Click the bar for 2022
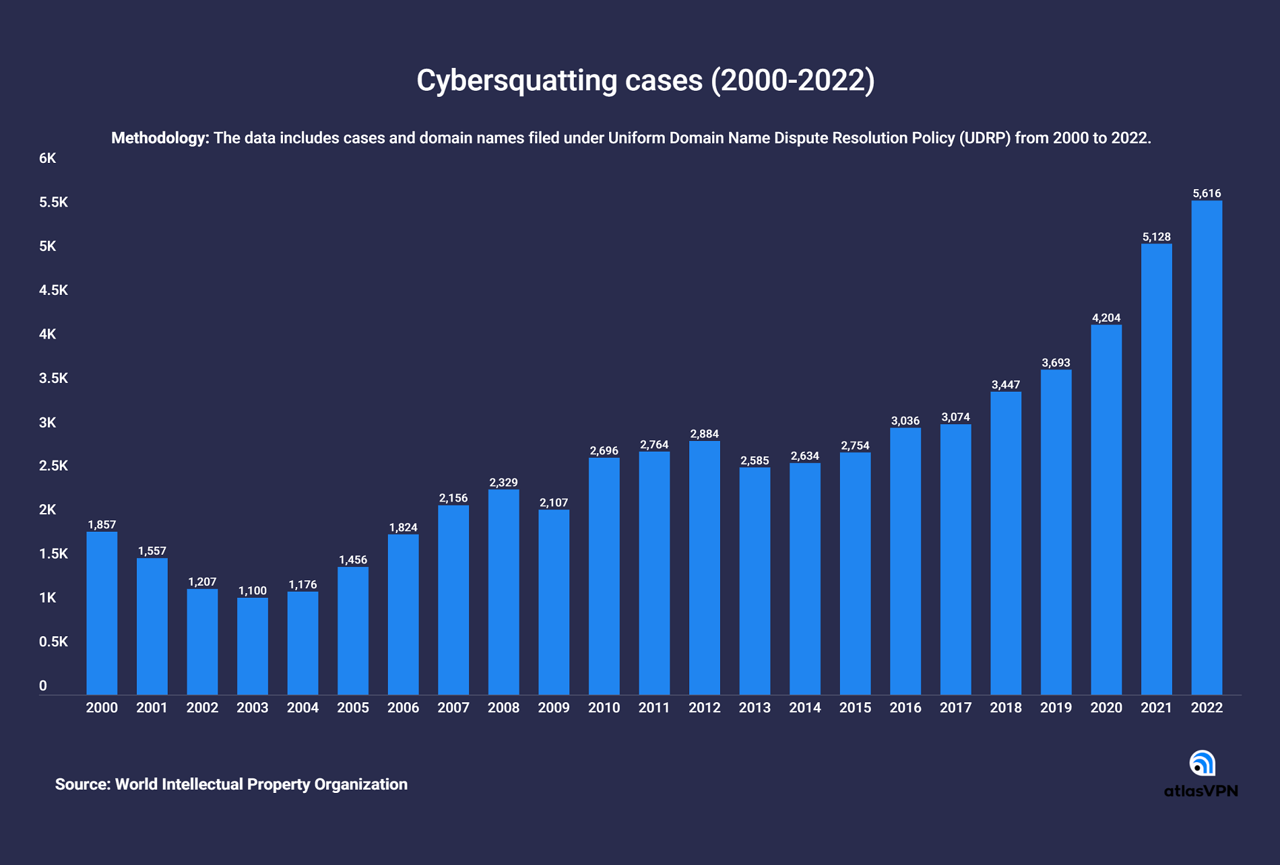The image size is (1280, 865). click(x=1207, y=448)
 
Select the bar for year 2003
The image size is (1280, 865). click(x=253, y=646)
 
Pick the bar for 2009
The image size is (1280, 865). click(x=554, y=602)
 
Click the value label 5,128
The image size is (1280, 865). click(x=1157, y=237)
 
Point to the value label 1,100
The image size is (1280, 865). click(x=253, y=591)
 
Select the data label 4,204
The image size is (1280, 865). click(x=1106, y=318)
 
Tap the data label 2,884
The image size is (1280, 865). click(x=705, y=434)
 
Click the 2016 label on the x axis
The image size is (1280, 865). click(x=905, y=707)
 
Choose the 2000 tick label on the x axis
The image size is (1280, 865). click(x=102, y=707)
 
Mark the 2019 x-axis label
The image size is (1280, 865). click(x=1056, y=707)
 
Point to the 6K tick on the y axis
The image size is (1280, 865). click(x=48, y=158)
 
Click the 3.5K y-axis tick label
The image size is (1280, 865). click(x=54, y=378)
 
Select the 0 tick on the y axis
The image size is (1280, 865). click(x=43, y=686)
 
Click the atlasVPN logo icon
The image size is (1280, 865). click(x=1202, y=763)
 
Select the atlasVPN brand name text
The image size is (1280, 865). click(x=1201, y=791)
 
